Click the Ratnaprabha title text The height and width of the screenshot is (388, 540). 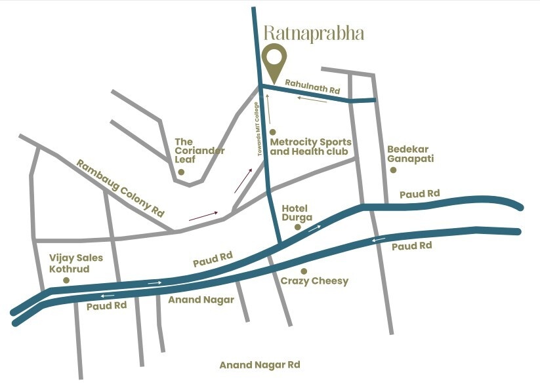(x=313, y=33)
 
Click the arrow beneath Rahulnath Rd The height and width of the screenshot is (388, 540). (x=312, y=100)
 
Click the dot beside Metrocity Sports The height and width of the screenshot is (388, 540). (x=273, y=132)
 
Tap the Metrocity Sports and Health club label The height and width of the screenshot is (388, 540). (x=310, y=147)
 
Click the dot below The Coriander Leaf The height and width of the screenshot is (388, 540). (x=181, y=172)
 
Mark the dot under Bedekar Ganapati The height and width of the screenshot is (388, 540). (x=393, y=170)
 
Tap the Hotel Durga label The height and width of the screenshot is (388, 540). (x=297, y=212)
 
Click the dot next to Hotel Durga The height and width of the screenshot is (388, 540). (x=297, y=227)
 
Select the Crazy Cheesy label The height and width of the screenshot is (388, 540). (x=314, y=281)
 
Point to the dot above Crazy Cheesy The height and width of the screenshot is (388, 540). (x=303, y=271)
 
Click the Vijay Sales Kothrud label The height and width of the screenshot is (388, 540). (x=76, y=263)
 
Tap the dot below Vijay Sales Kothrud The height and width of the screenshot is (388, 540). (x=66, y=280)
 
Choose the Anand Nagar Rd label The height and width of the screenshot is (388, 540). (x=259, y=365)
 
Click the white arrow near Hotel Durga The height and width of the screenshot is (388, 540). (x=316, y=228)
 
